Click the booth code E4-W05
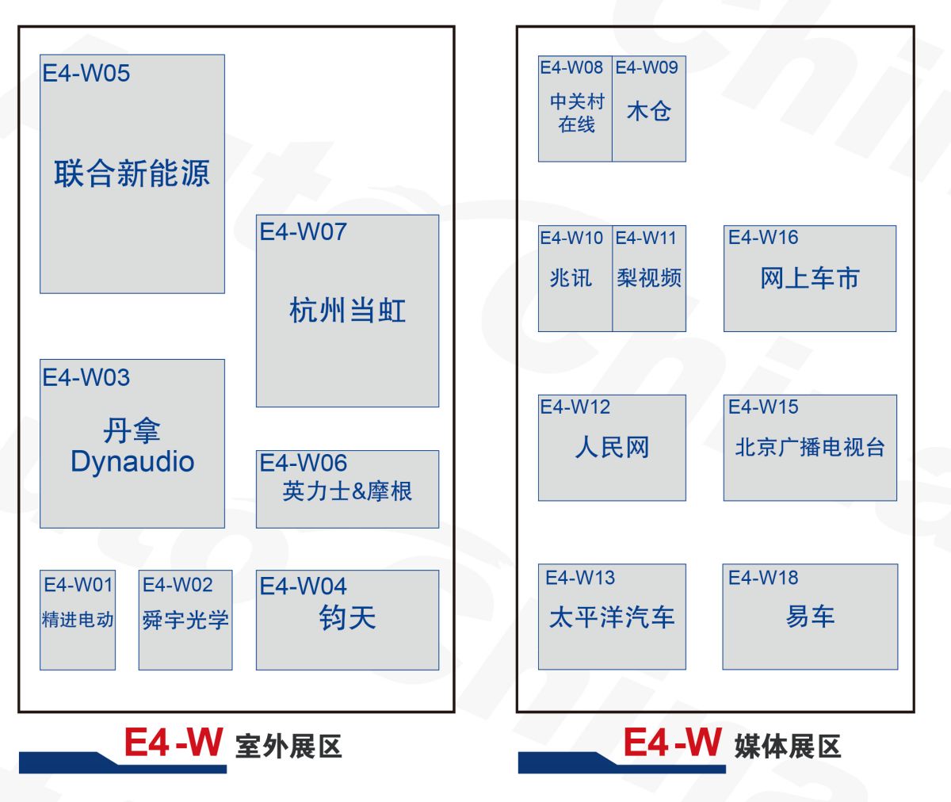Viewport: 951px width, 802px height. click(x=86, y=74)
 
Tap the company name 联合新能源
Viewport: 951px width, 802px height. click(x=132, y=174)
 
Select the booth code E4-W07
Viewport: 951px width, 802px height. click(x=303, y=232)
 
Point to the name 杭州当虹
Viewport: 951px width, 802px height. click(x=347, y=311)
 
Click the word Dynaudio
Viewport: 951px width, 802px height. click(x=132, y=462)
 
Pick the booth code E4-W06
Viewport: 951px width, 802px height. click(x=303, y=463)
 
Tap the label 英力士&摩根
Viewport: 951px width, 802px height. click(x=347, y=491)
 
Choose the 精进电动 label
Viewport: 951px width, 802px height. click(x=78, y=620)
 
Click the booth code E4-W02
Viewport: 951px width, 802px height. click(x=178, y=586)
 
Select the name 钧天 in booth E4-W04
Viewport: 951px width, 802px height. click(x=347, y=618)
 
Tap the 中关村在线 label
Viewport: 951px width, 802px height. click(x=576, y=113)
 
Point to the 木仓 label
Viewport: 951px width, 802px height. click(x=648, y=112)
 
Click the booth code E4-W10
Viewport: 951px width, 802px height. click(x=571, y=238)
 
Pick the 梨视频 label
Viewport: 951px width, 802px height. click(x=649, y=278)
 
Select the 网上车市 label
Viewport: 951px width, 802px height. click(x=809, y=278)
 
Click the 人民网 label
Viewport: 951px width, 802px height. click(x=612, y=448)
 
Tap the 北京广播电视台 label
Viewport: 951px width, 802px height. click(x=809, y=448)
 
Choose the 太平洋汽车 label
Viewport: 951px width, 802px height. click(x=612, y=617)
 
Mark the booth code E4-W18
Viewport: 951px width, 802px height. click(x=763, y=578)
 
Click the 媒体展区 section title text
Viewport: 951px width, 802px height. click(x=787, y=747)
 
